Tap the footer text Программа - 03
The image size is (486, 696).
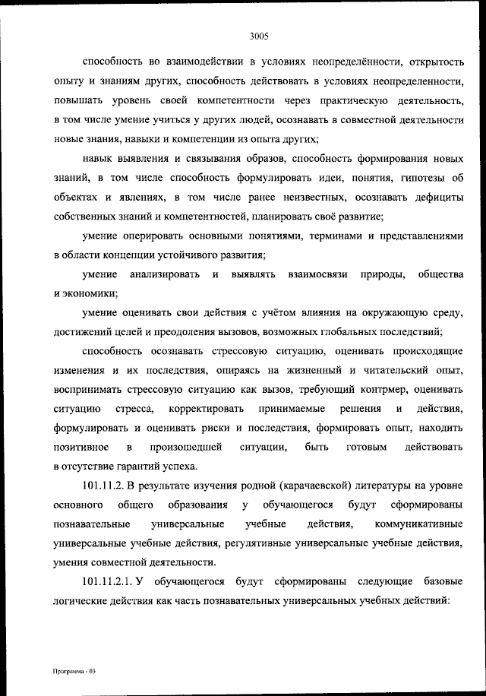tap(76, 672)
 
